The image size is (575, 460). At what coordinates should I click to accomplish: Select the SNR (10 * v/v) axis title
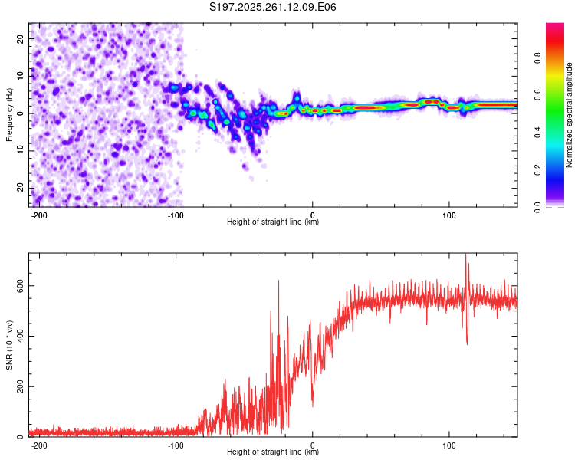tap(9, 345)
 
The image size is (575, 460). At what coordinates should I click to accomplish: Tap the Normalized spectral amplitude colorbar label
tap(570, 115)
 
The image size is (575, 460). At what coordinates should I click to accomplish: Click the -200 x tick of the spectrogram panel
tap(39, 215)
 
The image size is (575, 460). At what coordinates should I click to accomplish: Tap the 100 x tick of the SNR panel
tap(449, 445)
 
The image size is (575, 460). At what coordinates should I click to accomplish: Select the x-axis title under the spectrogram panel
tap(273, 222)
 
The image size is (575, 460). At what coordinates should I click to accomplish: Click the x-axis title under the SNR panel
tap(273, 452)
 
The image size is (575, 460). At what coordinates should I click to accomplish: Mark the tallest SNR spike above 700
tap(465, 255)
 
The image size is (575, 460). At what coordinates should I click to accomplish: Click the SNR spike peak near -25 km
tap(278, 281)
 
